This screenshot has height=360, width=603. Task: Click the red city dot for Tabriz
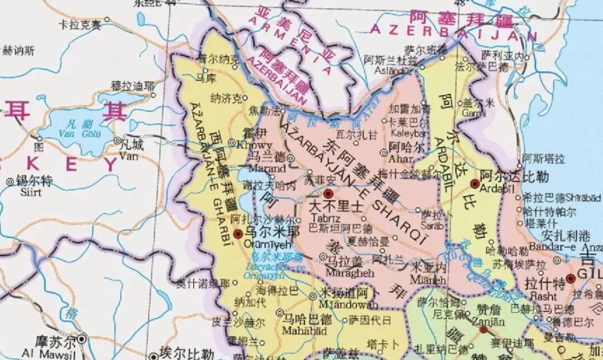click(328, 193)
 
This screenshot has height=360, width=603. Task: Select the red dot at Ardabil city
click(475, 184)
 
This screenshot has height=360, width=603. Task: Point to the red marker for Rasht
click(570, 278)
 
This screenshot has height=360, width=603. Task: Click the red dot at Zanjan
click(484, 330)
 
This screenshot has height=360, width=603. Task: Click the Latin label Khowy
click(247, 143)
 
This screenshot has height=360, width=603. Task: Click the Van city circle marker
click(118, 141)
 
